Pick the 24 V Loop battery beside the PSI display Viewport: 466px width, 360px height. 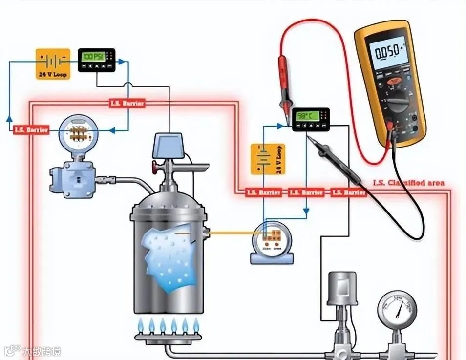coord(53,64)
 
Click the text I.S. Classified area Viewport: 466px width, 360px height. coord(408,183)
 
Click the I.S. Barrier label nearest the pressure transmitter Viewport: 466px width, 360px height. coord(31,130)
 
